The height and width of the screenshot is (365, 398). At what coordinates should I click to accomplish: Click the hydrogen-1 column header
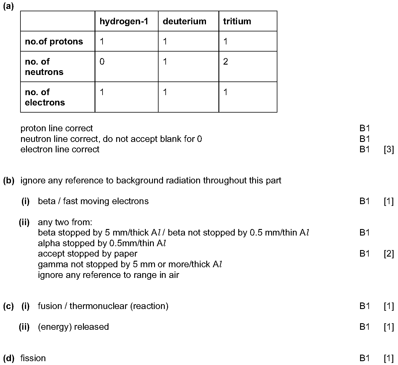[x=124, y=21]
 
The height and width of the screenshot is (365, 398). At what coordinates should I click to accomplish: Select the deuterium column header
[x=184, y=21]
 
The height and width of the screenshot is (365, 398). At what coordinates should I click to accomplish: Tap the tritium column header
[x=237, y=21]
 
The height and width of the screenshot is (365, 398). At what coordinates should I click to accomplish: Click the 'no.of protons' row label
[x=54, y=41]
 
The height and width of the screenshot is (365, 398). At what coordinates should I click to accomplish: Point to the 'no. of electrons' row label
[x=45, y=97]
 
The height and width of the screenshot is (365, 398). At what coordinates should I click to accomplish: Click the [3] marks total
[x=389, y=149]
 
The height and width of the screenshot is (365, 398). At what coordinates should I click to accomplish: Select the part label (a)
[x=8, y=7]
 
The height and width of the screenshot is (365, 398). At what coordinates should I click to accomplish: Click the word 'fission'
[x=33, y=358]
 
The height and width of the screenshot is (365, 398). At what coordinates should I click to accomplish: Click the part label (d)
[x=8, y=358]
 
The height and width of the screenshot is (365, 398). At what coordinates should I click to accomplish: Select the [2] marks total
[x=389, y=254]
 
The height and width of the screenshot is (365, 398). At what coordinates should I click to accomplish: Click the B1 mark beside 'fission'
[x=365, y=358]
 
